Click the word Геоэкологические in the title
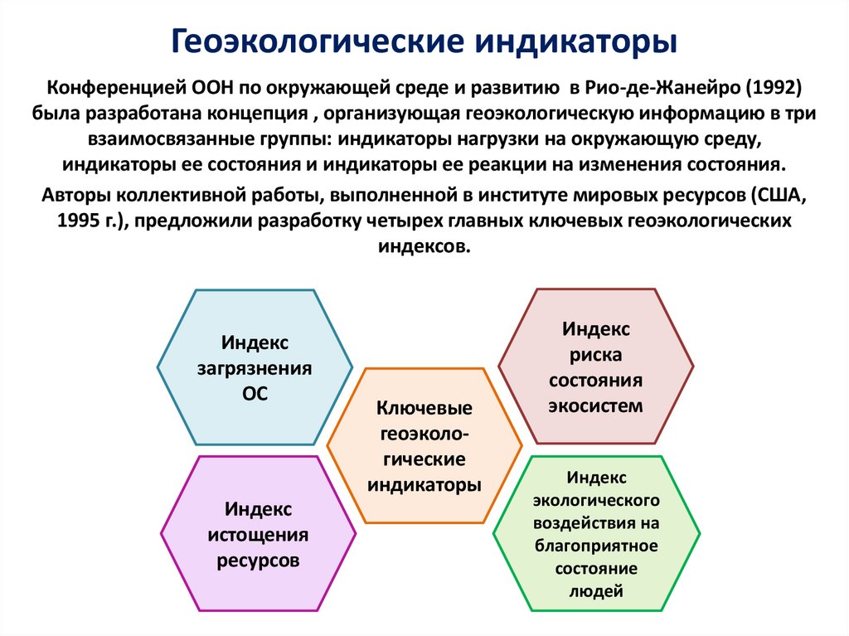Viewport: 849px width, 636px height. tap(313, 41)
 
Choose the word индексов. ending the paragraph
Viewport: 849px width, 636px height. tap(424, 247)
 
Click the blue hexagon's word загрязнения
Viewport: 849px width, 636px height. tap(255, 368)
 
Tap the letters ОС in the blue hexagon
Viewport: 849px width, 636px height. tap(255, 394)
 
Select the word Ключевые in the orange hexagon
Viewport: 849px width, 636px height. tap(424, 408)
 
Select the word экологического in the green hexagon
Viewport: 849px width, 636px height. tap(595, 501)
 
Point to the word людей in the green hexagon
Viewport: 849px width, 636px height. tap(595, 591)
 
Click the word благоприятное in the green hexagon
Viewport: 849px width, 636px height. tap(595, 546)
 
